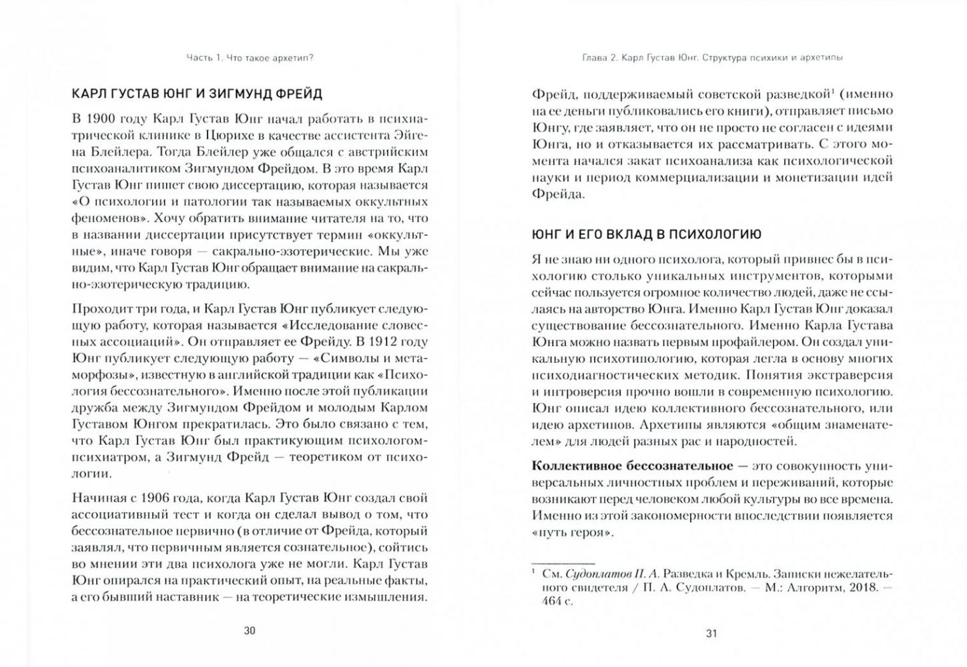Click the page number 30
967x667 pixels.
249,630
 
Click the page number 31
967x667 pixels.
711,633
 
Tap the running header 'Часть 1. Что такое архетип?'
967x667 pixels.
250,58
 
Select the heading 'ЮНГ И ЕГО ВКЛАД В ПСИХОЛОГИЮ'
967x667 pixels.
646,234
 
